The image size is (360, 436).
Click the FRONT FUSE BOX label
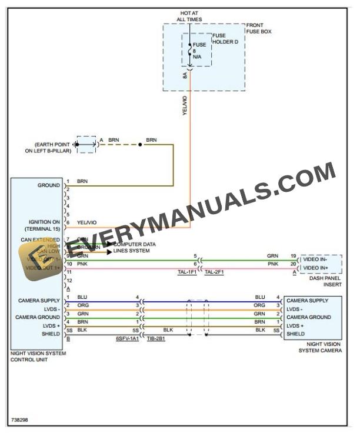click(259, 28)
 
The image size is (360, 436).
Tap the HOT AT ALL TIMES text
click(189, 16)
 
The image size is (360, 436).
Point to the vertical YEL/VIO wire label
click(185, 106)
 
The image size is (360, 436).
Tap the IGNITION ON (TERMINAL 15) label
click(41, 225)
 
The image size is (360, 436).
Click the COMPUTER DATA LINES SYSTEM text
click(134, 247)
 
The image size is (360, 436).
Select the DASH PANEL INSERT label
click(325, 281)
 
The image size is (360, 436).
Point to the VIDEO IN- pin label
click(315, 259)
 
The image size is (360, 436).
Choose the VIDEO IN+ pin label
click(315, 268)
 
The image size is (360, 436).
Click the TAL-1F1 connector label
click(187, 272)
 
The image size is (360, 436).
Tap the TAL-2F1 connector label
click(214, 272)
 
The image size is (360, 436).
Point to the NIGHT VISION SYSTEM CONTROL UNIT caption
click(38, 356)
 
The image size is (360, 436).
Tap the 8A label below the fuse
click(185, 75)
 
